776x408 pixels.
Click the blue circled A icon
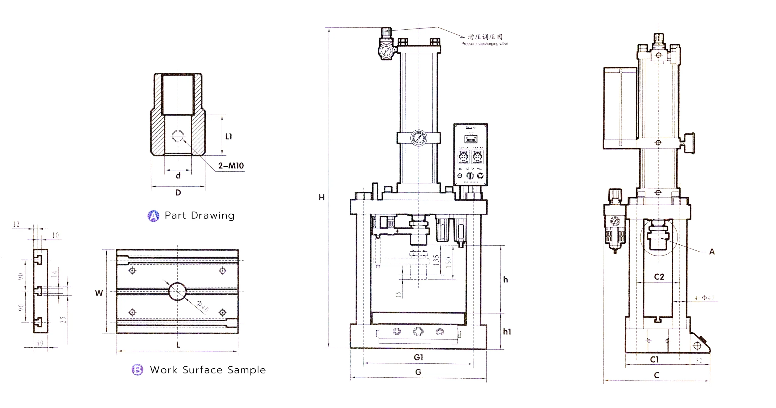pyautogui.click(x=153, y=216)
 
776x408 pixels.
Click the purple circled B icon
pyautogui.click(x=137, y=370)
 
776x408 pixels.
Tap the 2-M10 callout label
pyautogui.click(x=231, y=166)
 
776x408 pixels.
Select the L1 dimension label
pyautogui.click(x=229, y=137)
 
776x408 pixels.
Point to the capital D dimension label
pyautogui.click(x=178, y=192)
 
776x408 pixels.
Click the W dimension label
pyautogui.click(x=99, y=293)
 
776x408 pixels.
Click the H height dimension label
pyautogui.click(x=322, y=198)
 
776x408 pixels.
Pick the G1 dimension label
pyautogui.click(x=418, y=358)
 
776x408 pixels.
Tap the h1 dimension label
pyautogui.click(x=507, y=332)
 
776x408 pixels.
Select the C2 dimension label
pyautogui.click(x=659, y=277)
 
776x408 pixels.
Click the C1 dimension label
pyautogui.click(x=654, y=360)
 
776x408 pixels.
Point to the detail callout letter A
pyautogui.click(x=712, y=252)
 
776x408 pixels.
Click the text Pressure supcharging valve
pyautogui.click(x=484, y=44)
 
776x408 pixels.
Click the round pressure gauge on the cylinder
pyautogui.click(x=419, y=138)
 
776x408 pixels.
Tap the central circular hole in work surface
pyautogui.click(x=177, y=291)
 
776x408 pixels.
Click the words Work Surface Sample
pyautogui.click(x=208, y=370)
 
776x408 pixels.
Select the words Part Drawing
pyautogui.click(x=199, y=216)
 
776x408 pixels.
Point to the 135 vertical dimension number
pyautogui.click(x=436, y=260)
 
